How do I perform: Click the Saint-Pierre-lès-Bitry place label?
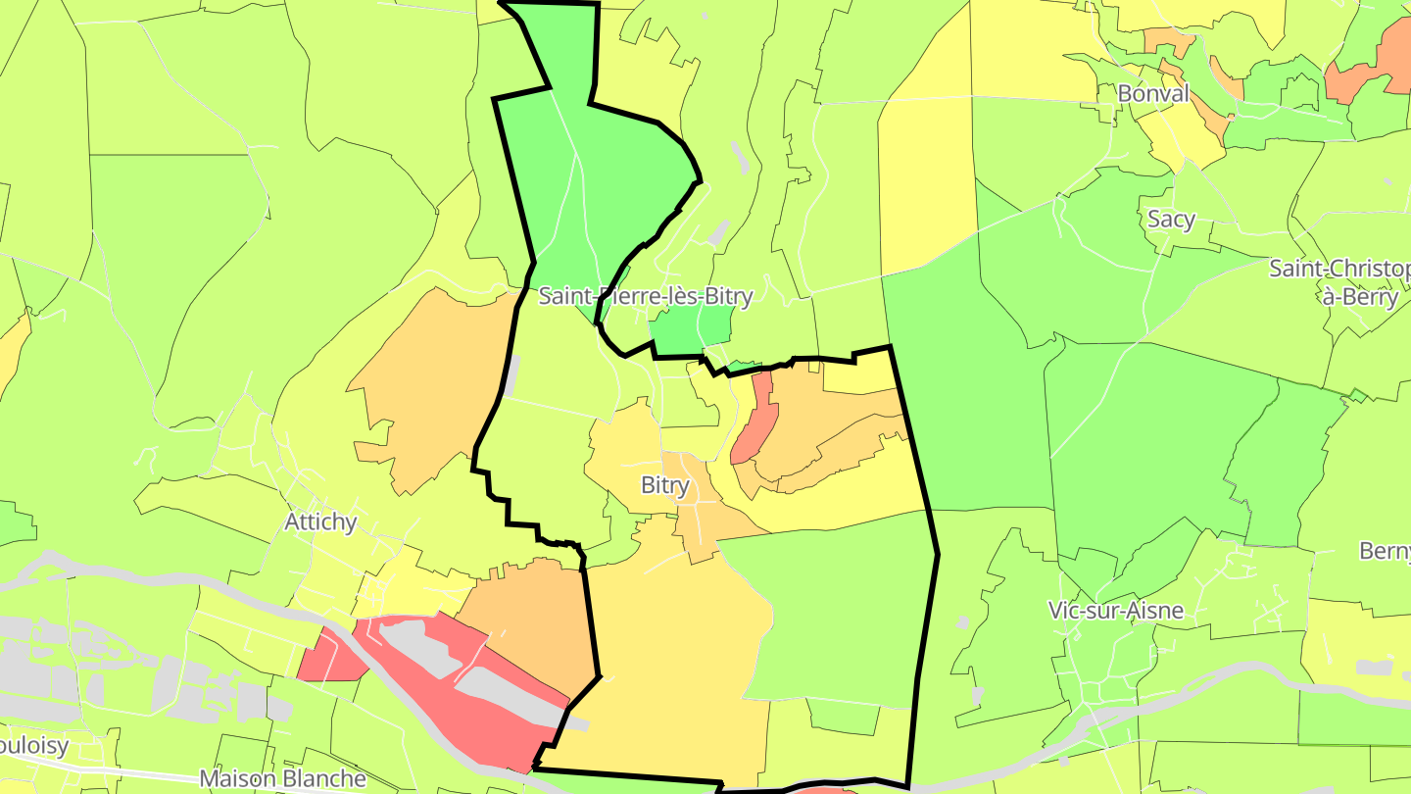[646, 296]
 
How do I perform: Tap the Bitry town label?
[665, 485]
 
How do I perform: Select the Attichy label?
[320, 521]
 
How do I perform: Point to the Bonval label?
[1153, 94]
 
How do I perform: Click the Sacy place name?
[1171, 219]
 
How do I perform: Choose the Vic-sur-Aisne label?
[1115, 611]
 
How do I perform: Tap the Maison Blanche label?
[282, 779]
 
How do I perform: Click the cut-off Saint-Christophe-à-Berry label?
[1340, 282]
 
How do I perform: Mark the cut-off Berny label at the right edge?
[1386, 550]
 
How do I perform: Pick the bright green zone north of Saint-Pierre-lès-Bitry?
[598, 176]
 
